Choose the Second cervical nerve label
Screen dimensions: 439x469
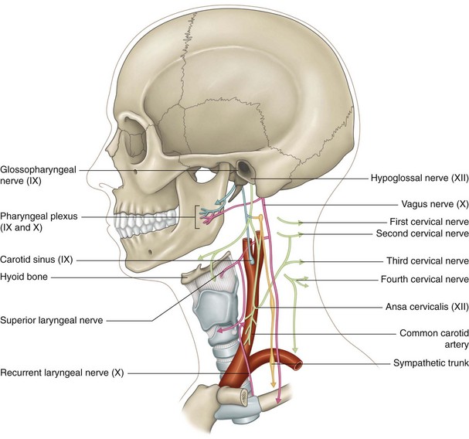pos(422,233)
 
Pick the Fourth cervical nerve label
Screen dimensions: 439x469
pos(427,279)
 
